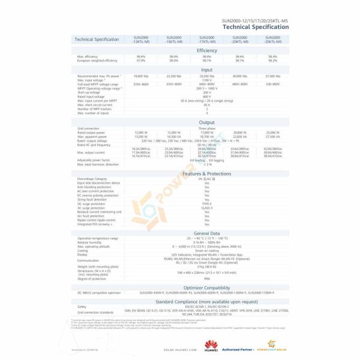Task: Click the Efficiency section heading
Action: (x=206, y=50)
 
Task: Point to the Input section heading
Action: (x=206, y=70)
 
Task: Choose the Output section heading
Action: (x=206, y=122)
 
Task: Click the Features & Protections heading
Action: (x=206, y=173)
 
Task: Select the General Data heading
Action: (x=206, y=233)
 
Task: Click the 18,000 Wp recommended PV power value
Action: (x=141, y=76)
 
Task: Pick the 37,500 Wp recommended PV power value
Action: (x=273, y=76)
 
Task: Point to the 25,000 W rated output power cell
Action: (x=273, y=132)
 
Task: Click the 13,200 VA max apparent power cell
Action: (x=141, y=136)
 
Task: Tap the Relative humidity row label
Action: (x=91, y=242)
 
